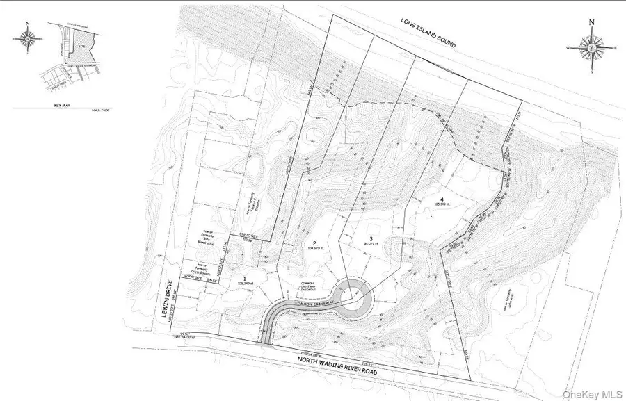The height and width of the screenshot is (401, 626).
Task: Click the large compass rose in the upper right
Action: coord(591,48)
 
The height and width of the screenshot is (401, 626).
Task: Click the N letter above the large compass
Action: coord(591,22)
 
